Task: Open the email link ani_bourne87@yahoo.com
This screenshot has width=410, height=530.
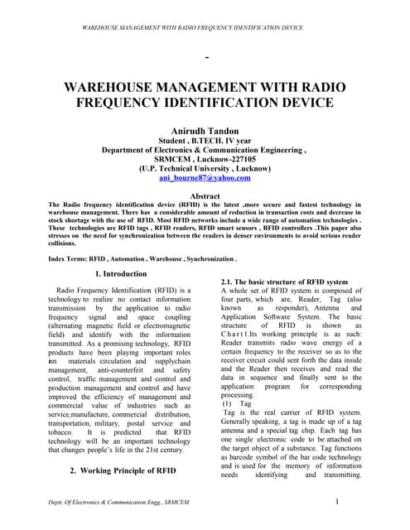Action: pos(205,177)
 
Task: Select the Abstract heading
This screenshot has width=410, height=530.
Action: pos(205,196)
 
